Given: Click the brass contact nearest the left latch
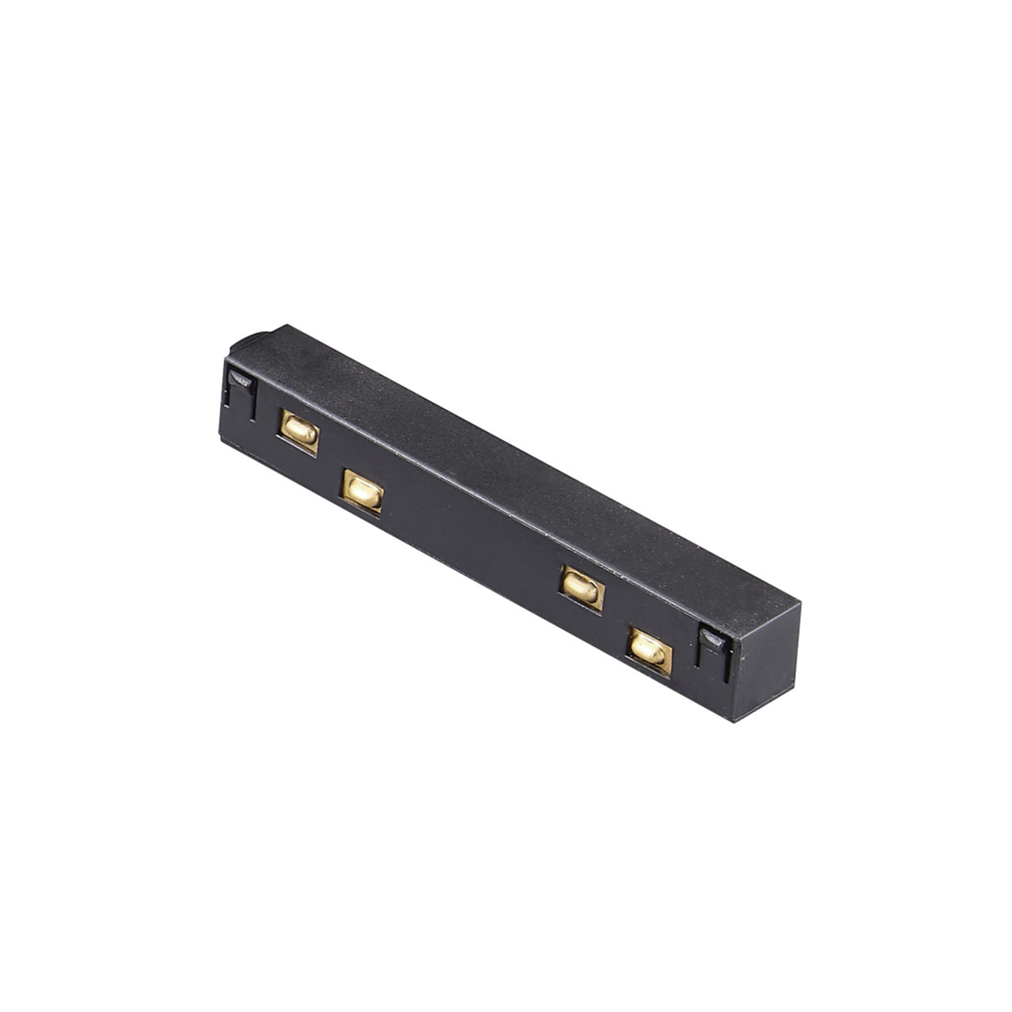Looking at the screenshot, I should pos(299,431).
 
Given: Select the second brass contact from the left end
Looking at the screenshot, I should pos(363,491).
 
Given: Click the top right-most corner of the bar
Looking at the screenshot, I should pos(801,602).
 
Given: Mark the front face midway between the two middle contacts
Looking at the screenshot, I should pos(471,540).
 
